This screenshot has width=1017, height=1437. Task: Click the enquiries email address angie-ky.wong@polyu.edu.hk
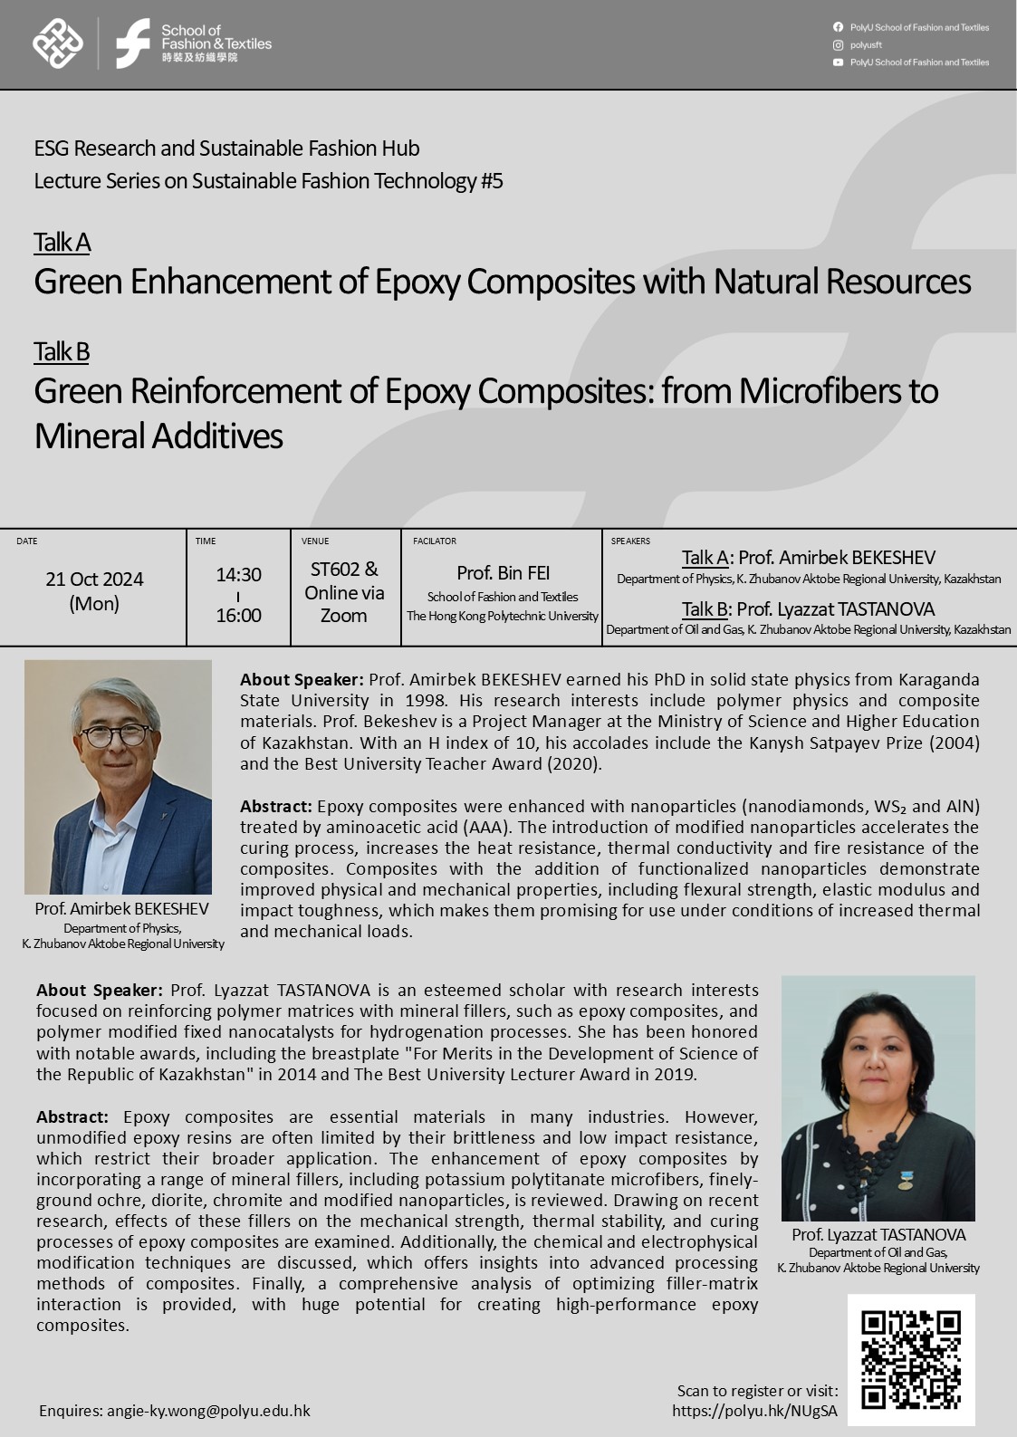point(208,1411)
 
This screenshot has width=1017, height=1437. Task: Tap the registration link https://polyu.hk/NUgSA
point(754,1411)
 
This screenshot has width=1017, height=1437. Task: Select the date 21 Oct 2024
point(94,580)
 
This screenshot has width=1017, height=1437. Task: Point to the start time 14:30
point(238,575)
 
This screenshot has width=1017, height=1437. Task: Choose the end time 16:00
point(238,616)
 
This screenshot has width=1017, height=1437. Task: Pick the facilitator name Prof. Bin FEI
point(503,573)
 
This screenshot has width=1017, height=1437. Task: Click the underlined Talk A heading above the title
point(62,243)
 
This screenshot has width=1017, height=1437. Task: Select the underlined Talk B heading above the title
point(62,351)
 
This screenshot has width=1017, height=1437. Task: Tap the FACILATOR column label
point(435,541)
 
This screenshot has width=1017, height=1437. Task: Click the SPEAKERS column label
point(630,541)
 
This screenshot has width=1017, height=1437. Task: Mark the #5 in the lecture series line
point(491,181)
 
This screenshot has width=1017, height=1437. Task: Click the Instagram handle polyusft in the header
point(866,45)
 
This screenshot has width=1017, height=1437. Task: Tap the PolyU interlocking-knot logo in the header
point(58,43)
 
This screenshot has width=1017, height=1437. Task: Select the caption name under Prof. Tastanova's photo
point(878,1235)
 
